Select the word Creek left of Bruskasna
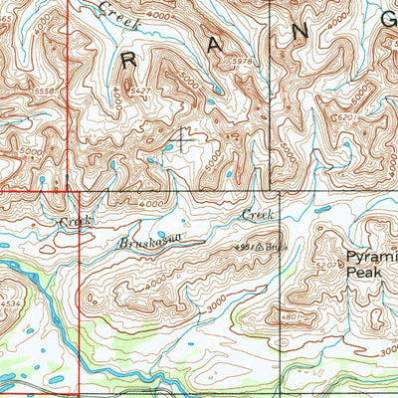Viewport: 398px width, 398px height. (x=76, y=220)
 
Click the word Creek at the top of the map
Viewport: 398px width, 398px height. (x=119, y=12)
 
